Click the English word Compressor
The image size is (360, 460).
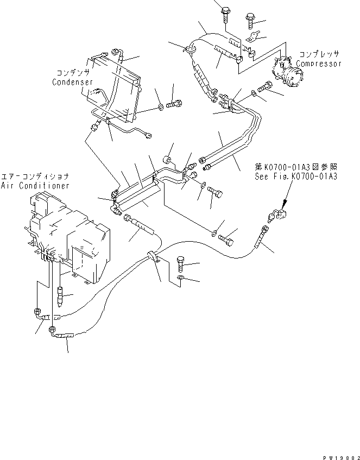coord(320,64)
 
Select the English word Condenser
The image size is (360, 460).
coord(73,82)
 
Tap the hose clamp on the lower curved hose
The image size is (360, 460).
coord(154,257)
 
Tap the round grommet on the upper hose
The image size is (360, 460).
coord(191,50)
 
